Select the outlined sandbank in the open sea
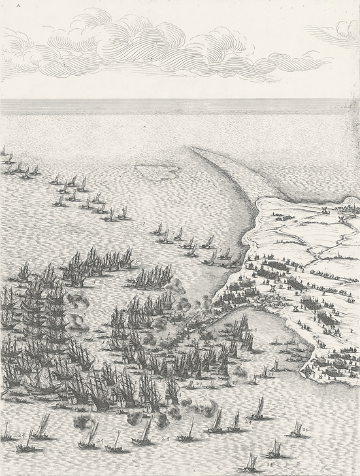[157, 171]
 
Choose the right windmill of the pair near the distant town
[340, 218]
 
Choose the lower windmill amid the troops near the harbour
[295, 307]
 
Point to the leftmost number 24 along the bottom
[22, 433]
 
